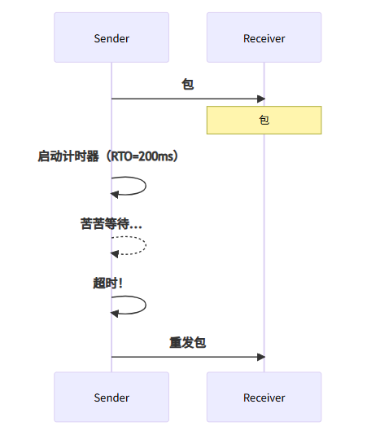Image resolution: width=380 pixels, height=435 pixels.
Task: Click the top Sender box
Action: [x=111, y=37]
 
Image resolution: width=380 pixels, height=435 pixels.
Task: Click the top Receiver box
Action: [x=264, y=37]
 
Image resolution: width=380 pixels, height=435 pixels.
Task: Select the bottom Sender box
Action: [x=111, y=397]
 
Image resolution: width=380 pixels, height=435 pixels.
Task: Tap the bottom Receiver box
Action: [x=264, y=397]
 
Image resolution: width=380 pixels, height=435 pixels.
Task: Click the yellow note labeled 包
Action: [x=264, y=120]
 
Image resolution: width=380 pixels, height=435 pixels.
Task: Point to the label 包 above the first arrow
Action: [x=187, y=84]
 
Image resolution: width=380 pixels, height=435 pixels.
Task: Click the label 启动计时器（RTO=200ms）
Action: [x=107, y=156]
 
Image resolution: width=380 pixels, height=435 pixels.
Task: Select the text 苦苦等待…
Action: [x=111, y=223]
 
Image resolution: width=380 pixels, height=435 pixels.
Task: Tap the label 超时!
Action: [x=107, y=283]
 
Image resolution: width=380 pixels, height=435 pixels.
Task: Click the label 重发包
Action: [x=187, y=342]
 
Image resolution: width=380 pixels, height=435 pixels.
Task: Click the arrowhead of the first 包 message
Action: [x=261, y=99]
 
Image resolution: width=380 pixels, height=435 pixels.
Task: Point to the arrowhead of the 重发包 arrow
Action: [x=261, y=356]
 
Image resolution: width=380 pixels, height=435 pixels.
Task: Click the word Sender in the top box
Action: [x=111, y=38]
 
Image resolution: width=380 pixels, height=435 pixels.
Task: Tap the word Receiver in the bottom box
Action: [x=264, y=398]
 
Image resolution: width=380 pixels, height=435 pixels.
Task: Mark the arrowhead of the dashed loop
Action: [x=116, y=253]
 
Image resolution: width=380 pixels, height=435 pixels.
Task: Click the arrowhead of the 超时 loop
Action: [x=116, y=313]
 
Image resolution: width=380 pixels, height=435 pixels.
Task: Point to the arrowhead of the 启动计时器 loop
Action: [x=116, y=194]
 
